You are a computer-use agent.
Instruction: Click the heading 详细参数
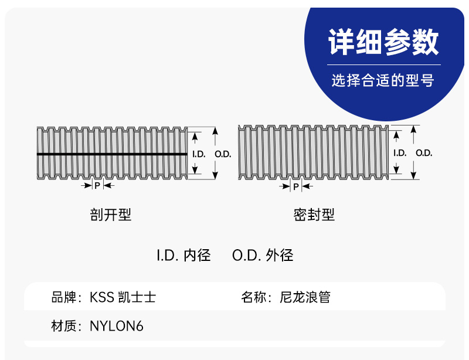383,42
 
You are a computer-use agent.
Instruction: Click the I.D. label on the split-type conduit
198,154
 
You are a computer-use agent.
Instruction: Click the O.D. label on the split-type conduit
223,154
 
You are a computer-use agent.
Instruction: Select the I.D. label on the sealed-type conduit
399,153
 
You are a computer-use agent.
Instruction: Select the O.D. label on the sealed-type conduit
424,153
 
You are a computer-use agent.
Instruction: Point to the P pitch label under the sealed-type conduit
296,186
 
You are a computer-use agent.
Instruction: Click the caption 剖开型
111,215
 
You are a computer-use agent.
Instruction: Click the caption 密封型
314,215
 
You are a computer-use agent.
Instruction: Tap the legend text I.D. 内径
183,256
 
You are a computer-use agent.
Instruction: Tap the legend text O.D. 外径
263,256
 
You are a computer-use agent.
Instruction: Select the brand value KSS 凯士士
123,297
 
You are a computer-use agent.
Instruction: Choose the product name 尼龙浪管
305,297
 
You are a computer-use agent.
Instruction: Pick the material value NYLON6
117,326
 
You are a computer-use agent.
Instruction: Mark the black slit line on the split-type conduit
111,154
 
